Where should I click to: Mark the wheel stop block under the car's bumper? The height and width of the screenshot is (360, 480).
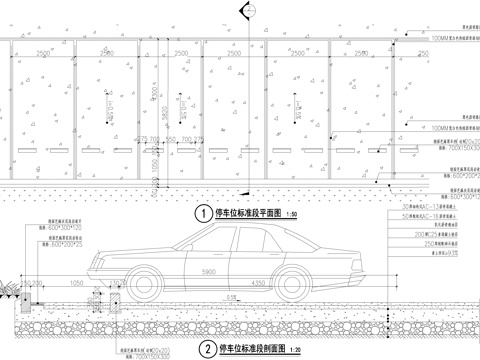97,298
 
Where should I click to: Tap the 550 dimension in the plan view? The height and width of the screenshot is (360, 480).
170,139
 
